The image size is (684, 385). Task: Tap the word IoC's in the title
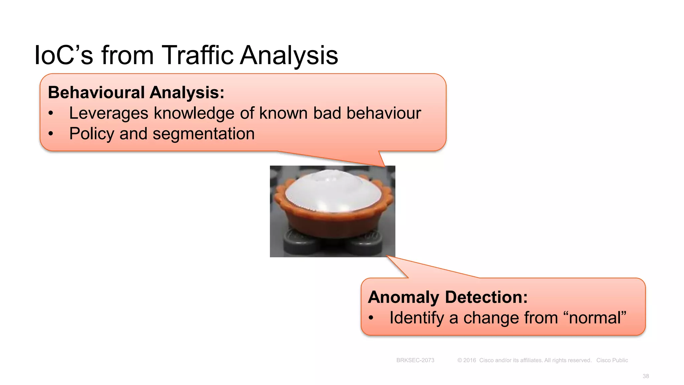click(63, 55)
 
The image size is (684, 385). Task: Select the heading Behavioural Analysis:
click(136, 93)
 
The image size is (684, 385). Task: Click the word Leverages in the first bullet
click(109, 113)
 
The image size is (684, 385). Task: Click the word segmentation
click(203, 134)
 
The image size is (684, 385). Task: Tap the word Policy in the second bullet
click(92, 134)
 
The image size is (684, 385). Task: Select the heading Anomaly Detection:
click(448, 297)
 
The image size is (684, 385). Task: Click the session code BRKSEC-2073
click(415, 360)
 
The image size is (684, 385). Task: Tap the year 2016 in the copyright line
click(469, 360)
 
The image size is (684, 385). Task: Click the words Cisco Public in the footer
click(612, 360)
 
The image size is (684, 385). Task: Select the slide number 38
click(646, 376)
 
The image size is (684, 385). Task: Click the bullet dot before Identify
click(371, 318)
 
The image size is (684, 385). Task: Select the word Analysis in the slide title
click(289, 55)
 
